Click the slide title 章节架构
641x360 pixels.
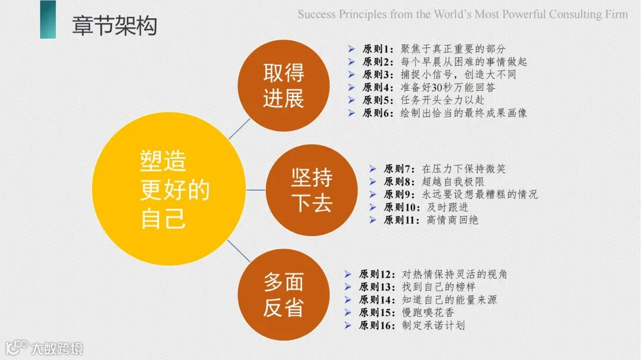pos(114,27)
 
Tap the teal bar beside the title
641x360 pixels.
pos(48,20)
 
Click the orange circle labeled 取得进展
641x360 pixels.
pos(284,86)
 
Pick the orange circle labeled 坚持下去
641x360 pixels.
pos(312,190)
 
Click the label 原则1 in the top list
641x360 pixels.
pos(378,49)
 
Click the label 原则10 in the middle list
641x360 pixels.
pos(402,207)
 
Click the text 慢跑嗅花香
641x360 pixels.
pos(428,313)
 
